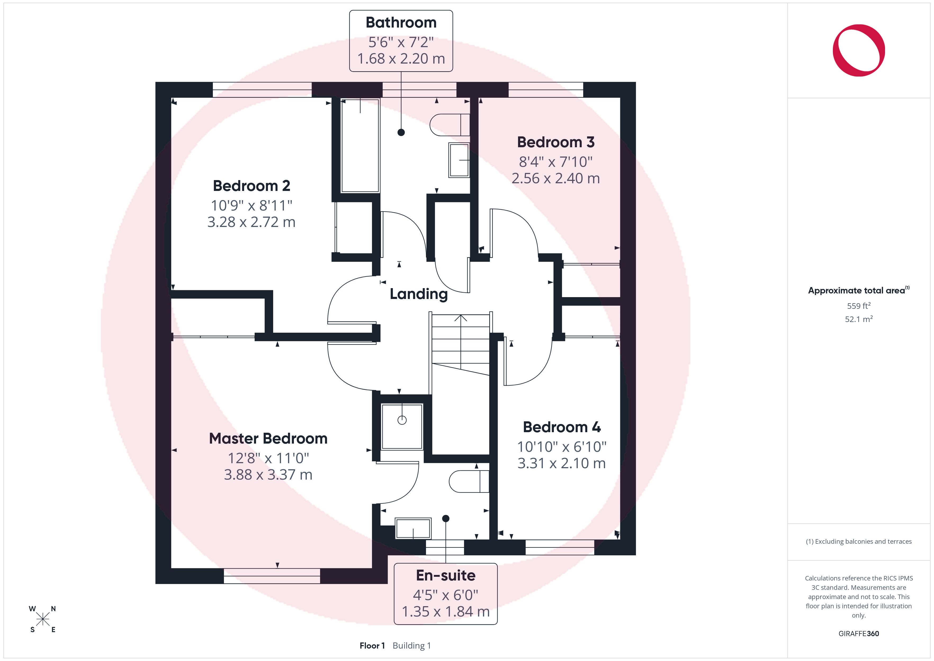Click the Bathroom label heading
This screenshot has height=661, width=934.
pyautogui.click(x=401, y=23)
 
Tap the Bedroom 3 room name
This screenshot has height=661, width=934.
pyautogui.click(x=556, y=142)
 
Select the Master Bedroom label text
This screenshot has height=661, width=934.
pyautogui.click(x=268, y=438)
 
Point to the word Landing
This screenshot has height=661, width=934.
pyautogui.click(x=419, y=294)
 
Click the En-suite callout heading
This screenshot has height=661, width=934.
pyautogui.click(x=446, y=575)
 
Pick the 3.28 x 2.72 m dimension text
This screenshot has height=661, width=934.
pyautogui.click(x=252, y=222)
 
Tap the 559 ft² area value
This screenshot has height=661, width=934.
pyautogui.click(x=859, y=306)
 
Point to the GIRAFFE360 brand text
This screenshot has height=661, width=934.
pyautogui.click(x=859, y=633)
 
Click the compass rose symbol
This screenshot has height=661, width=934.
pyautogui.click(x=42, y=619)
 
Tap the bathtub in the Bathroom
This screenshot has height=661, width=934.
pyautogui.click(x=360, y=145)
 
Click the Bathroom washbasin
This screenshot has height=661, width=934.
pyautogui.click(x=459, y=160)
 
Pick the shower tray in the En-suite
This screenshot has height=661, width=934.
pyautogui.click(x=402, y=426)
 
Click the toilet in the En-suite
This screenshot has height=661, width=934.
pyautogui.click(x=469, y=481)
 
